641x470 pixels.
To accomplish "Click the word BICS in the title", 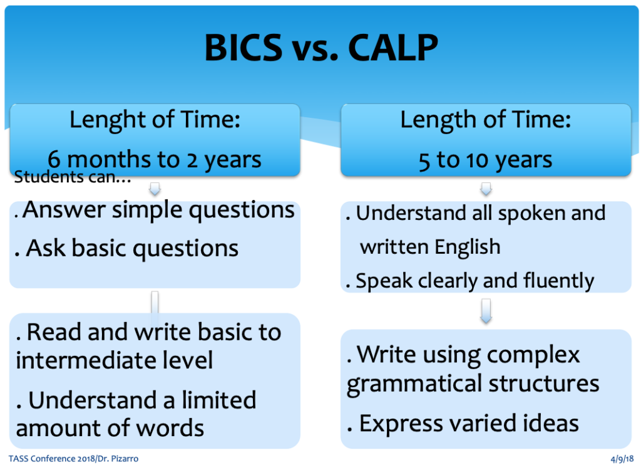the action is click(x=244, y=48).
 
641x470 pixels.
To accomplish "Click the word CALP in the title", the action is click(x=393, y=48).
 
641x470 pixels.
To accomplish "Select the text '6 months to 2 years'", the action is click(x=155, y=159).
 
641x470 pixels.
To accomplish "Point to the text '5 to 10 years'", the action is click(x=485, y=160).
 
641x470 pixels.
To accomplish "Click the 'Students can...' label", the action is click(x=73, y=177).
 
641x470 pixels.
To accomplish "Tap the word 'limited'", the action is click(x=218, y=400).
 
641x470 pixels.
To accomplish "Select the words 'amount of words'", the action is click(x=110, y=428).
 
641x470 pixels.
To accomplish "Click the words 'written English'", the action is click(x=430, y=247).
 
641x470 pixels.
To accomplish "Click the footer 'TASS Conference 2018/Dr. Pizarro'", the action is click(x=73, y=459).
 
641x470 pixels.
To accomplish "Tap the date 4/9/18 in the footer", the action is click(x=622, y=459).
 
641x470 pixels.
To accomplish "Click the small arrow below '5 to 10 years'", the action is click(x=486, y=189).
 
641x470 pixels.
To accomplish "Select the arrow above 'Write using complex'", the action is click(x=486, y=311).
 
